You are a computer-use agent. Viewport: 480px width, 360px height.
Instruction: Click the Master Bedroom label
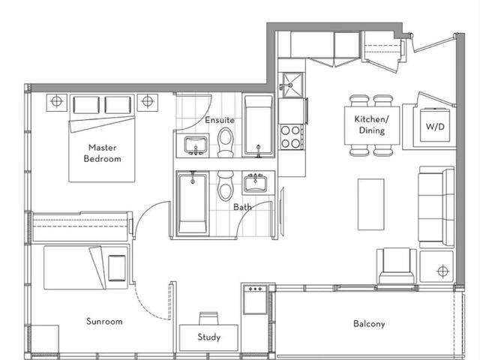(x=103, y=153)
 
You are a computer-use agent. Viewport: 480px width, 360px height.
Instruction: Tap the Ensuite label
(x=219, y=120)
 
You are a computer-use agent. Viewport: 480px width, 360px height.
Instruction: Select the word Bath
(x=241, y=206)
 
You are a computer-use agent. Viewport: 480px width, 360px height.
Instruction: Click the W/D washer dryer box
(x=435, y=127)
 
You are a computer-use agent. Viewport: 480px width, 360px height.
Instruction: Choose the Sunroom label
(x=104, y=322)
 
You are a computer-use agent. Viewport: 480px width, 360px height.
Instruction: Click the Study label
(x=209, y=337)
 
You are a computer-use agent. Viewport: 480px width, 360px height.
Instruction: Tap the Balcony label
(x=369, y=325)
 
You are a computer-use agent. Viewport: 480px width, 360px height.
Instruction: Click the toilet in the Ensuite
(x=226, y=142)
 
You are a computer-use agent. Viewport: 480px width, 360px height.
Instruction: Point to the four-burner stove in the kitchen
(x=290, y=136)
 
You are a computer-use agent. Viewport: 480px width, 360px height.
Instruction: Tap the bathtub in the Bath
(x=193, y=204)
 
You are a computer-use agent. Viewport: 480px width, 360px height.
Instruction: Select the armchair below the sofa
(x=397, y=266)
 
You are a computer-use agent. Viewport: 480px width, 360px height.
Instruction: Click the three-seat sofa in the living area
(x=436, y=207)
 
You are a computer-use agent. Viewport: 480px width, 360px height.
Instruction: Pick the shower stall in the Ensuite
(x=259, y=125)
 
